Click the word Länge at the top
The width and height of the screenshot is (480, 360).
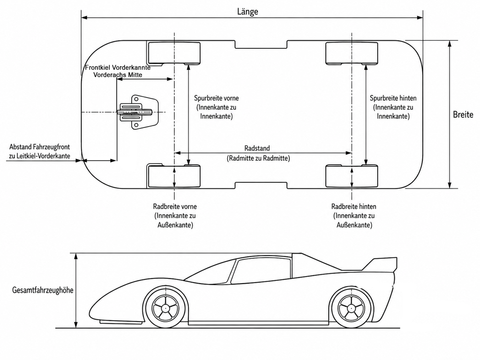click(247, 12)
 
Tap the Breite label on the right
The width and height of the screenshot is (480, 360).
click(463, 114)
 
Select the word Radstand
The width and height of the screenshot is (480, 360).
click(257, 148)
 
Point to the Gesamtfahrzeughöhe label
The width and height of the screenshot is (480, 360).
click(43, 290)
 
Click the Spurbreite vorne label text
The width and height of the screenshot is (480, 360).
click(216, 107)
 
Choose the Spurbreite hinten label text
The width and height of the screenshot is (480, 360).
click(393, 107)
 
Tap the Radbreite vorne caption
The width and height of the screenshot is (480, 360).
click(175, 216)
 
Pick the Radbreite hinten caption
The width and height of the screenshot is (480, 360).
click(354, 216)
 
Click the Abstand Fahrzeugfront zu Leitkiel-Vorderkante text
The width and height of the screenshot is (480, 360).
click(39, 151)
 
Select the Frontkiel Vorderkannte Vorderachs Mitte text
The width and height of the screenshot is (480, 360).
click(118, 71)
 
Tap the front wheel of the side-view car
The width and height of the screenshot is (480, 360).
click(165, 307)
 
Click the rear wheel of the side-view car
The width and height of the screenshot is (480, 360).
click(352, 307)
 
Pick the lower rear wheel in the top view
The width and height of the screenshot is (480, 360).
click(352, 176)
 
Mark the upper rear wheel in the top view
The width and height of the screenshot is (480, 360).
click(352, 53)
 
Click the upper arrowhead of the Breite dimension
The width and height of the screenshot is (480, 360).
click(450, 44)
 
